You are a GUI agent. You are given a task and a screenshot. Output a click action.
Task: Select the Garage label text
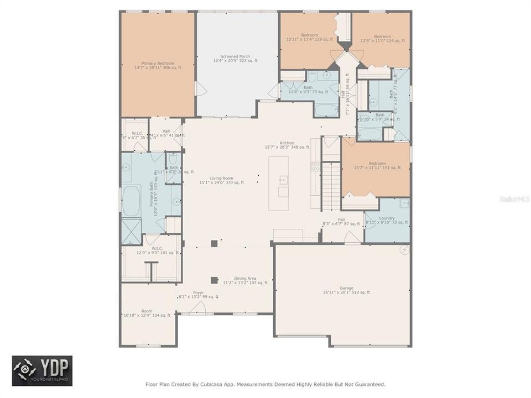(346, 289)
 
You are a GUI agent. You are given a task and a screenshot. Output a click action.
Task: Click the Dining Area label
(245, 279)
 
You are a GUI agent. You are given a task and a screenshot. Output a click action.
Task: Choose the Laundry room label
(387, 218)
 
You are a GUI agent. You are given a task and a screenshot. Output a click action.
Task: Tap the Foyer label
(198, 292)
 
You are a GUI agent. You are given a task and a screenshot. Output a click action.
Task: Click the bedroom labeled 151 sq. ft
(377, 164)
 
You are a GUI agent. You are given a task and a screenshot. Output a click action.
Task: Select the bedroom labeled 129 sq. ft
(309, 35)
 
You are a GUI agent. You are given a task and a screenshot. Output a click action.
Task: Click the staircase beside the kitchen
(330, 185)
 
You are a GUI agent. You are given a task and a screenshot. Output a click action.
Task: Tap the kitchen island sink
(283, 180)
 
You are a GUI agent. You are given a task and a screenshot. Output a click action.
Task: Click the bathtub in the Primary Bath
(131, 200)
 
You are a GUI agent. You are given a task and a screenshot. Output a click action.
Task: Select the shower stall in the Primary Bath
(131, 231)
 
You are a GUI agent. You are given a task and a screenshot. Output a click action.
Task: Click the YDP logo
(42, 370)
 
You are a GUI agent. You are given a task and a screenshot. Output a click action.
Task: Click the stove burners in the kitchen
(315, 166)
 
